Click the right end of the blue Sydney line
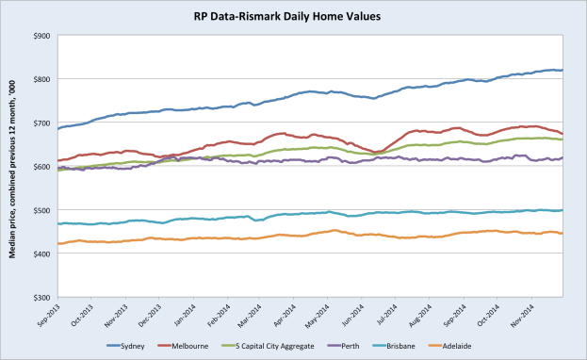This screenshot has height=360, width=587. click(563, 70)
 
